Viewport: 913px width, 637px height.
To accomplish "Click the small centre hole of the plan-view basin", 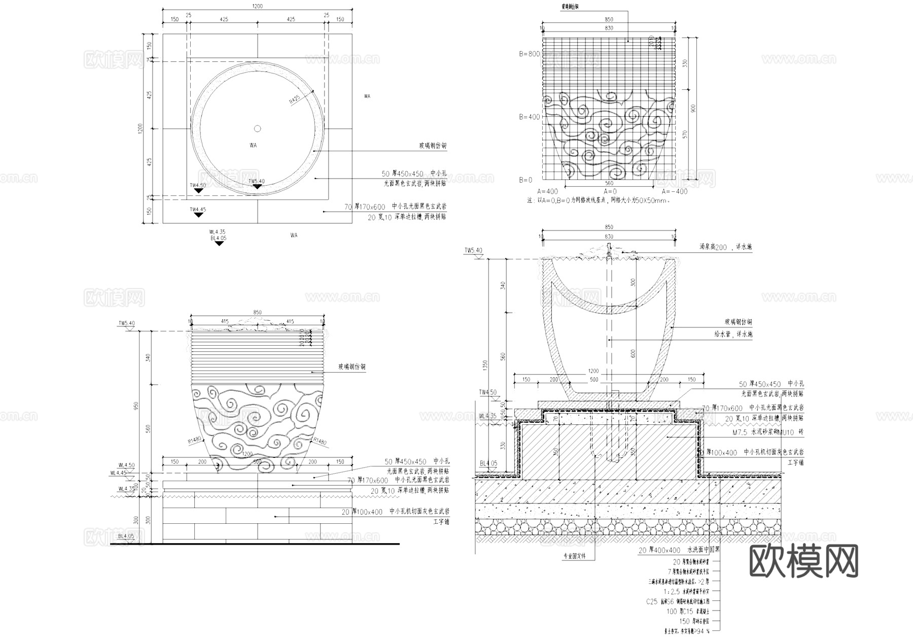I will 257,128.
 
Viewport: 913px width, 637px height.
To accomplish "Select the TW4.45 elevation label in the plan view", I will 198,210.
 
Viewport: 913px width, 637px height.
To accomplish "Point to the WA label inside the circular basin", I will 253,146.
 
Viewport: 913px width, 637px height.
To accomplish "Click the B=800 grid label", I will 529,54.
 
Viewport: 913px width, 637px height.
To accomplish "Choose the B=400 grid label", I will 529,117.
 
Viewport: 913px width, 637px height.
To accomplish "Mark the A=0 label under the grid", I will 610,191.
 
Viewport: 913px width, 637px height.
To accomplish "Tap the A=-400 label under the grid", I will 675,191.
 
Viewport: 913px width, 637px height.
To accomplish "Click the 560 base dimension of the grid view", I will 609,184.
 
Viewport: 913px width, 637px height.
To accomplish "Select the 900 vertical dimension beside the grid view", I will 693,109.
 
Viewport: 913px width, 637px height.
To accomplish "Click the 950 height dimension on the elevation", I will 135,406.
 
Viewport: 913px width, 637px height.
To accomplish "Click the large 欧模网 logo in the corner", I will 803,561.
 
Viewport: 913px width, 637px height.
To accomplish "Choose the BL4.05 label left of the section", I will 488,463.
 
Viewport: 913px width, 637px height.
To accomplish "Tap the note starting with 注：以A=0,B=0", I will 598,200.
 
